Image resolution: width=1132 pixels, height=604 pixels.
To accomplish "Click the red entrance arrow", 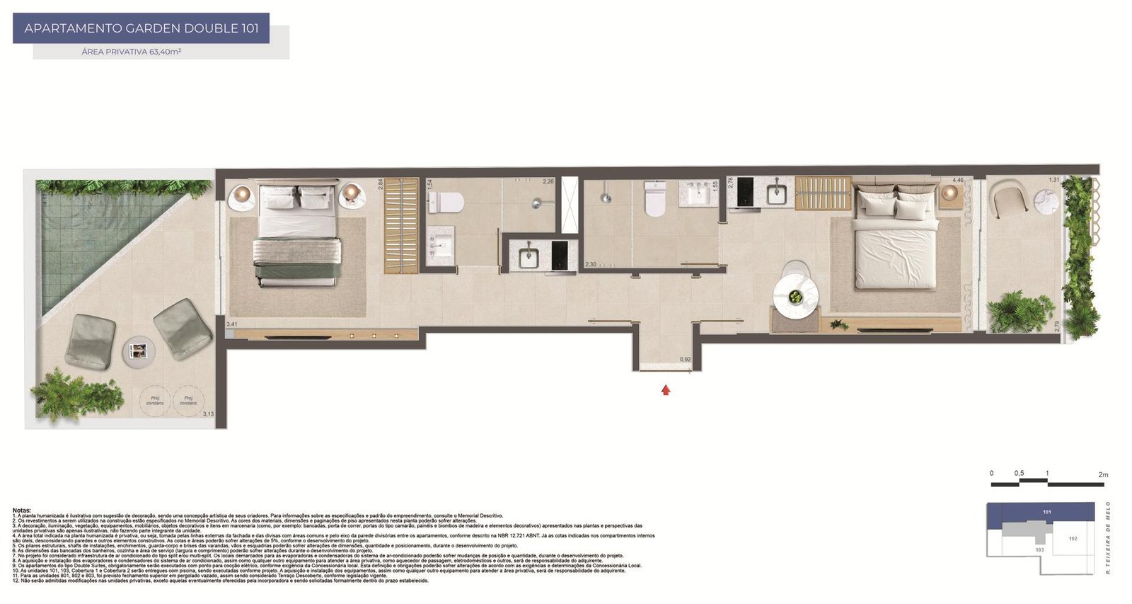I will (665, 389).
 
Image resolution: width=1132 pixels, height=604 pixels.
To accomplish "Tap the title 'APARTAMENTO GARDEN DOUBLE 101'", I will (141, 29).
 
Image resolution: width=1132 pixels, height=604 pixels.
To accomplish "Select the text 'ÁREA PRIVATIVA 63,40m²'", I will (132, 52).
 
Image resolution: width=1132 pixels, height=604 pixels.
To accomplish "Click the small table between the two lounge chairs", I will (139, 350).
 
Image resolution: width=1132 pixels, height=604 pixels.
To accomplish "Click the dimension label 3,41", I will (231, 324).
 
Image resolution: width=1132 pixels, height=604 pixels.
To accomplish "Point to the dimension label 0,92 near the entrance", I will (685, 360).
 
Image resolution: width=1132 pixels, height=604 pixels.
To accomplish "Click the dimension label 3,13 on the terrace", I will (208, 414).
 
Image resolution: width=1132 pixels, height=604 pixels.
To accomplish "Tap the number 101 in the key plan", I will (1047, 511).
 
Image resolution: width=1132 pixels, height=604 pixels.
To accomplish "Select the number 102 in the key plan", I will (1073, 539).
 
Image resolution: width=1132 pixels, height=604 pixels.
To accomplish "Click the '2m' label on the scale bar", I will (1103, 474).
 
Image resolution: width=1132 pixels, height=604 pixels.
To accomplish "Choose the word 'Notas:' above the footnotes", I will (22, 510).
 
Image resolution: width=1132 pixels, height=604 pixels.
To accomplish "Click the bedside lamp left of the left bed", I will (242, 193).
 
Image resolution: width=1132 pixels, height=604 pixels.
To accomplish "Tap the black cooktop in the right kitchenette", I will (745, 192).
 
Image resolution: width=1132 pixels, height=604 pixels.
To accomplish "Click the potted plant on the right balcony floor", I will (1019, 312).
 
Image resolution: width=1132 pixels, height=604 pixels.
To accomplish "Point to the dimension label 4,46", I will (957, 181).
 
